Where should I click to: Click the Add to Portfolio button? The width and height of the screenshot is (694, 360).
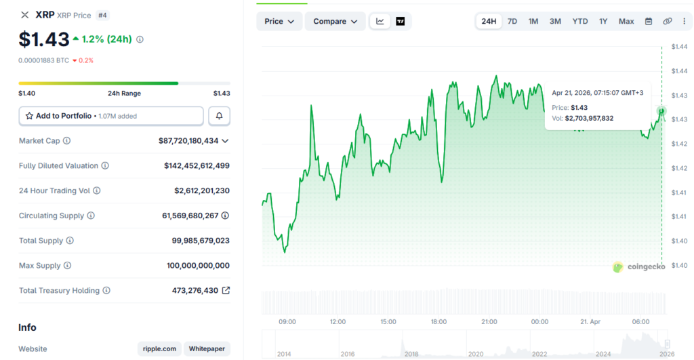click(110, 116)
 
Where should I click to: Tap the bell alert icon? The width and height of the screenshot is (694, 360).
click(219, 116)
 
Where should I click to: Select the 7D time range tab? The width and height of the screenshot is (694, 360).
click(512, 21)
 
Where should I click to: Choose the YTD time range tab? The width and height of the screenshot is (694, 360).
click(580, 21)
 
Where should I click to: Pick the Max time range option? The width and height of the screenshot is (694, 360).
click(626, 21)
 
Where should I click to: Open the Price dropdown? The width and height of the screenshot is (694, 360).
click(279, 21)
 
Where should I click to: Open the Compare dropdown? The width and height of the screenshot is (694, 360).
click(335, 21)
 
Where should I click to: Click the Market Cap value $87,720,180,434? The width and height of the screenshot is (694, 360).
click(188, 141)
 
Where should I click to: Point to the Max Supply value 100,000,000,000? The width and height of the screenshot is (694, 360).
click(198, 266)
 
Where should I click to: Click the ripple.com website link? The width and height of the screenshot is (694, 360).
click(160, 349)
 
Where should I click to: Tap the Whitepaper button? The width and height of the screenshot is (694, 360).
click(207, 349)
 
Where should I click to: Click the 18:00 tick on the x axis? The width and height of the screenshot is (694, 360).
click(438, 321)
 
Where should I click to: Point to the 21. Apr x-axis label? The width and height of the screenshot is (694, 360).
click(591, 321)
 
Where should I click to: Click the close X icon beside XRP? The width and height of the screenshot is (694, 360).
click(25, 14)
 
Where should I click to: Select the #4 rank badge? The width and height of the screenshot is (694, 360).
click(102, 14)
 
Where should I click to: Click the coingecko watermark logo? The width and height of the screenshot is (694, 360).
click(638, 266)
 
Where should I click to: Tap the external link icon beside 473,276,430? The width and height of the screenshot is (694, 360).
click(226, 290)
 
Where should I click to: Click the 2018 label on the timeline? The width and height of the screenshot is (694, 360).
click(411, 354)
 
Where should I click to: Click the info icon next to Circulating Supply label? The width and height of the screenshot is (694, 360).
click(91, 216)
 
